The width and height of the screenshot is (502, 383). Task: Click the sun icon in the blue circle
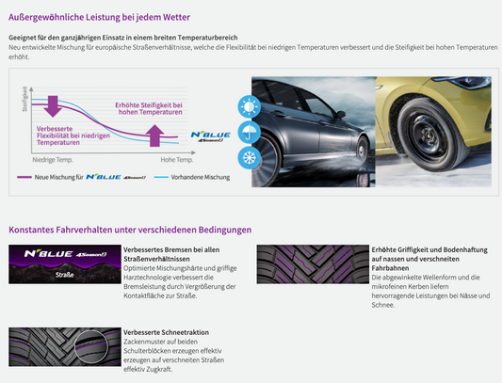(249, 106)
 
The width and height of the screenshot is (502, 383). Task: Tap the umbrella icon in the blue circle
(249, 132)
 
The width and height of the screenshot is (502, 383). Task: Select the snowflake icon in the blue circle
(249, 158)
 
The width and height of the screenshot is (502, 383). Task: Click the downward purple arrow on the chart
(53, 106)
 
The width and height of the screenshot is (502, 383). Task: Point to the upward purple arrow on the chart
(155, 136)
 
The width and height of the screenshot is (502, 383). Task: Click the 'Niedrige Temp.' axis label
(53, 160)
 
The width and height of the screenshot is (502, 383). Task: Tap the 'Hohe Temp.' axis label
(177, 160)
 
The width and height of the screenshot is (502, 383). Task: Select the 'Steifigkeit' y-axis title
(24, 99)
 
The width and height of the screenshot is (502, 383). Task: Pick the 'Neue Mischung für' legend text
(59, 177)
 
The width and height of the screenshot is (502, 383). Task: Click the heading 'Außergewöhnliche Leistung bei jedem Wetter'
(99, 17)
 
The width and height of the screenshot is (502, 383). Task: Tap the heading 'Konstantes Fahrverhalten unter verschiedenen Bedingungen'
(130, 230)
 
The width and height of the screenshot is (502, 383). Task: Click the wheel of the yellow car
(428, 136)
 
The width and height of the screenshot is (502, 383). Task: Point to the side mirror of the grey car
(341, 114)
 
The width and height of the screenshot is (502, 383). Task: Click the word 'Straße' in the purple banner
(65, 275)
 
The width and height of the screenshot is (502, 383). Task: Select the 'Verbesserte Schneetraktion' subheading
(166, 332)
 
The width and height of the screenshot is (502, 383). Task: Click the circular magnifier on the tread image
(91, 347)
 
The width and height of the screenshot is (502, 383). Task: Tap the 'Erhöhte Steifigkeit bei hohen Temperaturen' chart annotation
(149, 108)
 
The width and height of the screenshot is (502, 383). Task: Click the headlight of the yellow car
(472, 82)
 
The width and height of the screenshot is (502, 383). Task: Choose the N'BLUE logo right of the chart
(211, 136)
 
